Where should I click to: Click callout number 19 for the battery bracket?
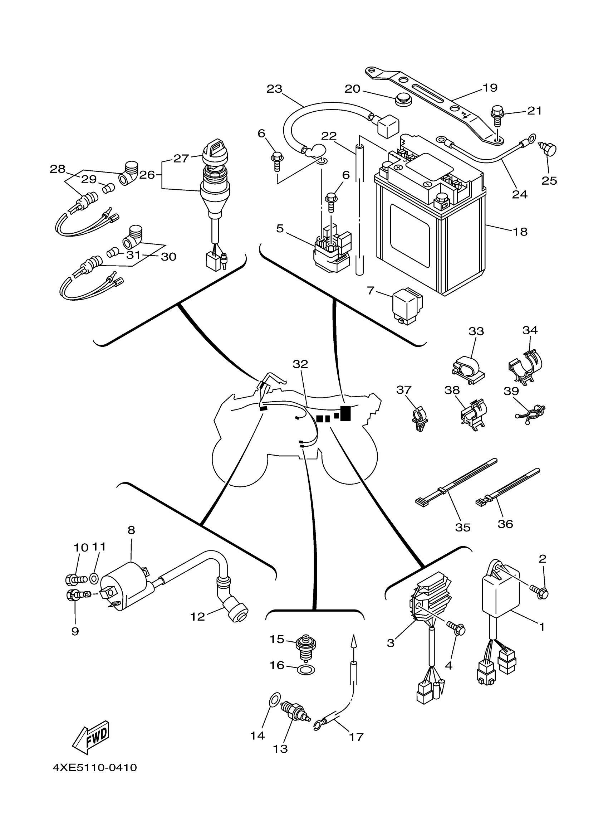pyautogui.click(x=490, y=88)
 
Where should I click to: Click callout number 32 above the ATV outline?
pyautogui.click(x=300, y=364)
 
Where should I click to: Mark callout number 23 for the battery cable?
pyautogui.click(x=274, y=89)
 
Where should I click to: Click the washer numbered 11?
pyautogui.click(x=94, y=578)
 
